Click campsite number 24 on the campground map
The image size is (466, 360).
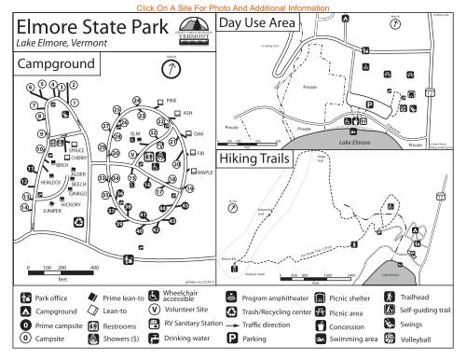pos(137,101)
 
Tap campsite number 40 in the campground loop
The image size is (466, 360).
pos(140,230)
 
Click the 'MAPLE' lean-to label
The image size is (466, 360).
pos(206,173)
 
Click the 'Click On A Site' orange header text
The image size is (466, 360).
pos(232,7)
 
